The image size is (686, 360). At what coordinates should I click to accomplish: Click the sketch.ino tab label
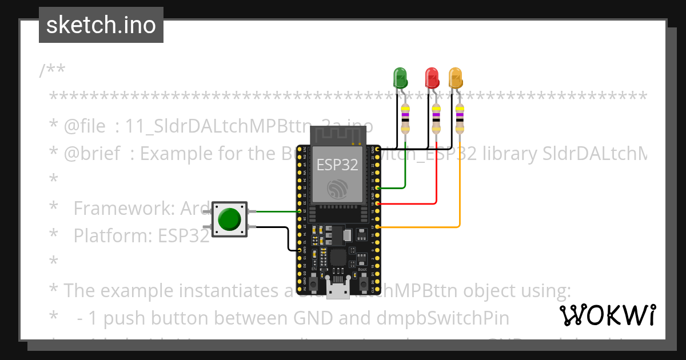101,25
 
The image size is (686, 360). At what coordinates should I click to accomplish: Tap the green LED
400,77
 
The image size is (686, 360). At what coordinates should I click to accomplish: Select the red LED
432,77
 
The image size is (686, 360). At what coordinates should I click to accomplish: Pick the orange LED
455,77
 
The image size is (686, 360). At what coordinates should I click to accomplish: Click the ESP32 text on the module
337,165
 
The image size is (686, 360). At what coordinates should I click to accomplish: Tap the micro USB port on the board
338,290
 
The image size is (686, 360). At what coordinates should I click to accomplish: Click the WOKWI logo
607,315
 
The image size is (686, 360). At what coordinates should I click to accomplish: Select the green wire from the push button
274,211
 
